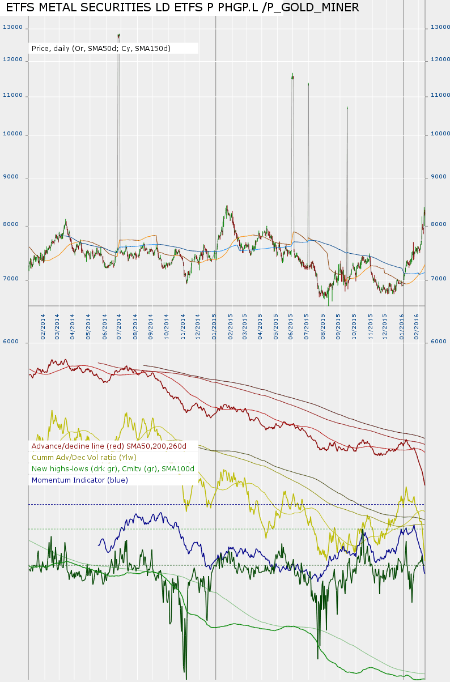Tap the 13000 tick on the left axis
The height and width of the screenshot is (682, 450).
tap(12, 27)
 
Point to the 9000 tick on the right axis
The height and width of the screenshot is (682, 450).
tap(439, 177)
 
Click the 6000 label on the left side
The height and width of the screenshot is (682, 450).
tap(12, 342)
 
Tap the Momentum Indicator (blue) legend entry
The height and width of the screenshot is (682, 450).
tap(80, 480)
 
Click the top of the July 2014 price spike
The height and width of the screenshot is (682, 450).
tap(118, 35)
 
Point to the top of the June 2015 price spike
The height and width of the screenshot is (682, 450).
tap(292, 74)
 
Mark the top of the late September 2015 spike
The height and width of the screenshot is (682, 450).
tap(347, 106)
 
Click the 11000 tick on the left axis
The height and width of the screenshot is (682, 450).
tap(12, 95)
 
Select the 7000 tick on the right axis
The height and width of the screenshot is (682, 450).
tap(439, 279)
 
